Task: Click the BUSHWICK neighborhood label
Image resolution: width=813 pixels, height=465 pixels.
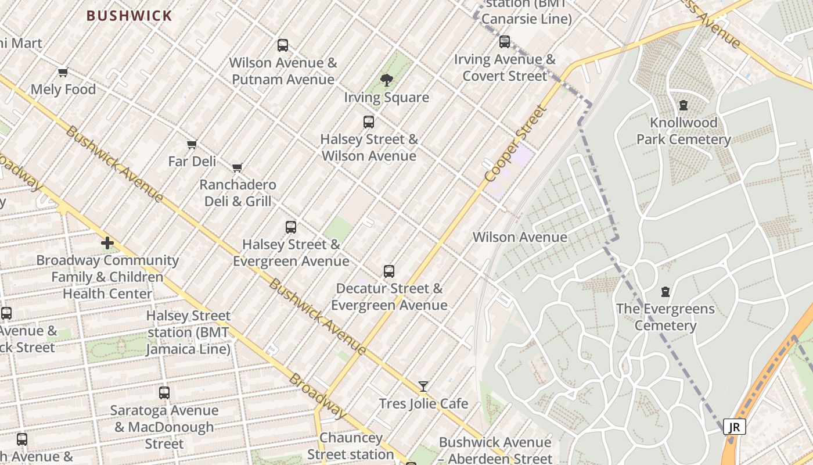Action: pos(129,16)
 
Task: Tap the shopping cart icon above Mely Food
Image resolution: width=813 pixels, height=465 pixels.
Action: pos(63,73)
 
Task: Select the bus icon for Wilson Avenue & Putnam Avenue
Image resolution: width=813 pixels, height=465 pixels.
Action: pos(283,45)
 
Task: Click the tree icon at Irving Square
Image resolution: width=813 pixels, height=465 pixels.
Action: pos(386,80)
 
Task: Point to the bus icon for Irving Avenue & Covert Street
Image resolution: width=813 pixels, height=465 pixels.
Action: pos(505,41)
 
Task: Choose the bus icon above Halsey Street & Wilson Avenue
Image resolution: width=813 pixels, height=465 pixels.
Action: pos(369,121)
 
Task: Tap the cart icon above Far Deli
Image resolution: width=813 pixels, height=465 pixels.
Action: pos(192,144)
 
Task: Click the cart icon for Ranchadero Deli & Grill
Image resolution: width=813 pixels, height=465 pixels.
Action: pos(237,168)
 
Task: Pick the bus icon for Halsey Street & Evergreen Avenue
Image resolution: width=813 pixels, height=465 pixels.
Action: pos(291,227)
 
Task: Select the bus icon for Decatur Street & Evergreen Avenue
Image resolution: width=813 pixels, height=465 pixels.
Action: pos(389,271)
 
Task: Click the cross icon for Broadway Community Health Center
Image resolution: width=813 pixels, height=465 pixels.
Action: pos(107,243)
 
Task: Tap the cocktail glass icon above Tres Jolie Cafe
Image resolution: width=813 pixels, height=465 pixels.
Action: pos(423,387)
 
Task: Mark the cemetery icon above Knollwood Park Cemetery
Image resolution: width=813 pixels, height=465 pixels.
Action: pos(684,106)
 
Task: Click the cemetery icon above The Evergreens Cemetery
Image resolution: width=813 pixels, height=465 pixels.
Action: pos(665,291)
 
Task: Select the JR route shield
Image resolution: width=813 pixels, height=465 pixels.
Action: pos(734,427)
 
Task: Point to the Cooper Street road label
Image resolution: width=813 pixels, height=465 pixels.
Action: pos(516,143)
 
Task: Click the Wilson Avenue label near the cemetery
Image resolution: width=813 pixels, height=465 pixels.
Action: pos(520,237)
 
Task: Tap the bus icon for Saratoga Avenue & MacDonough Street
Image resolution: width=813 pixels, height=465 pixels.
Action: pos(164,393)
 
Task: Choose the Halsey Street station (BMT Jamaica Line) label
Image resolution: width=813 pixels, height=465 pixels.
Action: pos(188,332)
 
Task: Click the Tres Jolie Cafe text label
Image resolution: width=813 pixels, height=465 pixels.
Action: pos(423,403)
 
